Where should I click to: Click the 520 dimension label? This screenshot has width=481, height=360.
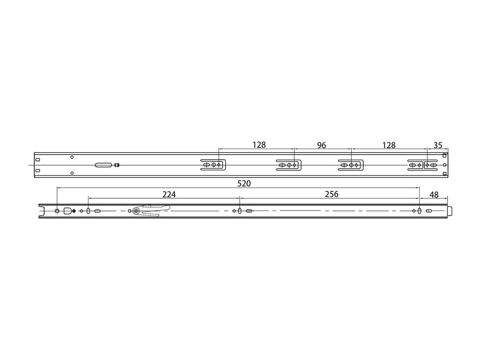point(244,183)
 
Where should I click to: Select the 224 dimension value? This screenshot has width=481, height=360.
point(169,194)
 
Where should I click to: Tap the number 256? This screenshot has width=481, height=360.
point(332,194)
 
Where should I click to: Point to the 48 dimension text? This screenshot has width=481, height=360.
point(434,195)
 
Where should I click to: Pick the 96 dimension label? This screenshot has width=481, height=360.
point(321,145)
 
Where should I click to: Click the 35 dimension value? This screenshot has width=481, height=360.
point(438,145)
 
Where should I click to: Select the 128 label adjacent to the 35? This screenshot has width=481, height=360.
point(389,145)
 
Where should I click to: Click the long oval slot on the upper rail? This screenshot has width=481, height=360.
point(104,165)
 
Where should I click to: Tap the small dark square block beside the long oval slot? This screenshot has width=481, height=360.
point(116,165)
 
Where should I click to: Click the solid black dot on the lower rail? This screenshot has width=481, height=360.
point(74,211)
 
